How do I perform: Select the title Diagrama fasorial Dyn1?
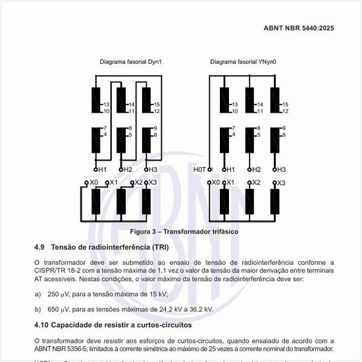(130, 62)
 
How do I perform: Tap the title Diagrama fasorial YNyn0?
(242, 62)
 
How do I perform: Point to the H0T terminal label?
(200, 170)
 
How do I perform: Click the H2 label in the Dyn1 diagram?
(128, 170)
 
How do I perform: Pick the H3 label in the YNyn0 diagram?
(281, 170)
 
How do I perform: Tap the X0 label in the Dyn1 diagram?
(93, 182)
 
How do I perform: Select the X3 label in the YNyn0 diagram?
(281, 182)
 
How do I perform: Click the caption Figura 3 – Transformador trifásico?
(183, 232)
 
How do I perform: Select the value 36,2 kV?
(199, 309)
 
